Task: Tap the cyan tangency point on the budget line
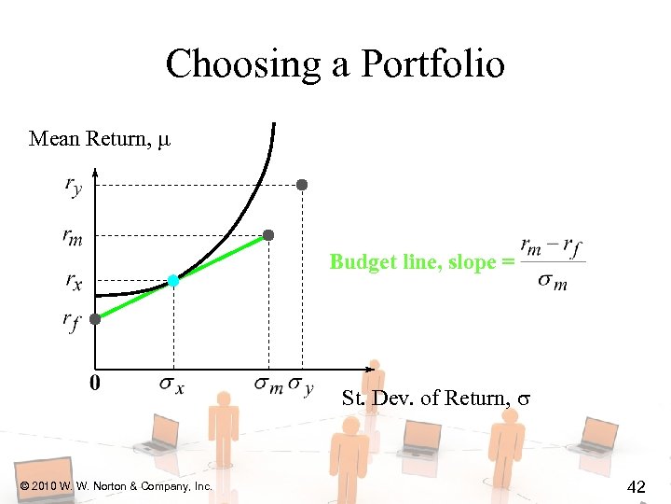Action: pyautogui.click(x=173, y=280)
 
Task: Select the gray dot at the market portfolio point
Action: pyautogui.click(x=268, y=235)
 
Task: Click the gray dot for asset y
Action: pyautogui.click(x=301, y=185)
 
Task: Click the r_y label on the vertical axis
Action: pyautogui.click(x=73, y=186)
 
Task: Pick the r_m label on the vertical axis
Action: pyautogui.click(x=73, y=238)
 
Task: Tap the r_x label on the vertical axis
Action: pyautogui.click(x=73, y=279)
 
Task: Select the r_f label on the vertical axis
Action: pyautogui.click(x=71, y=322)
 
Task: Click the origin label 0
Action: pyautogui.click(x=94, y=383)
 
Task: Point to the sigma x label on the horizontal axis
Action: pyautogui.click(x=171, y=384)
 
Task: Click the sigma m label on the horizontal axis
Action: pyautogui.click(x=268, y=384)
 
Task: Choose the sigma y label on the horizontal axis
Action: pyautogui.click(x=301, y=384)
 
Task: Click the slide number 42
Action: pyautogui.click(x=637, y=485)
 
